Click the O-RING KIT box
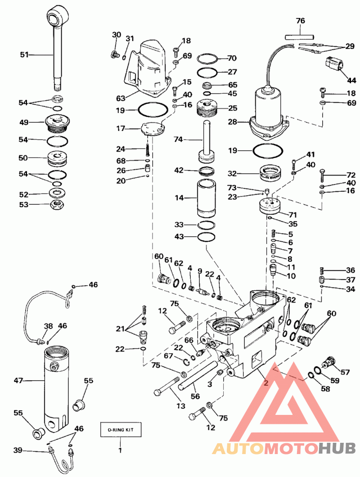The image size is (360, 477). pyautogui.click(x=121, y=430)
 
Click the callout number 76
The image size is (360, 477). pyautogui.click(x=300, y=21)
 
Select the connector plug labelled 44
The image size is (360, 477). pyautogui.click(x=334, y=63)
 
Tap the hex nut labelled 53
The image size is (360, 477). pyautogui.click(x=57, y=205)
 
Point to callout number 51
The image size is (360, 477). pyautogui.click(x=24, y=55)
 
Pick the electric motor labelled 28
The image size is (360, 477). pyautogui.click(x=269, y=112)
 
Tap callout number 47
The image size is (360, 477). pyautogui.click(x=18, y=380)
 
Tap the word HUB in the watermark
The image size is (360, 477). pyautogui.click(x=337, y=448)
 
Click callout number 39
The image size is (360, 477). pyautogui.click(x=18, y=450)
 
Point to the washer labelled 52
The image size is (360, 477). pyautogui.click(x=57, y=193)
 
